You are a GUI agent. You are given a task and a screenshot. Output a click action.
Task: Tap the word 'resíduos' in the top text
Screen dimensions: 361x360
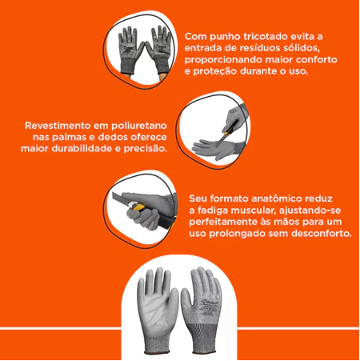[x=258, y=48]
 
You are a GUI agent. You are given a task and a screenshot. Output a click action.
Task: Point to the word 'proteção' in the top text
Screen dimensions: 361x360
[x=217, y=72]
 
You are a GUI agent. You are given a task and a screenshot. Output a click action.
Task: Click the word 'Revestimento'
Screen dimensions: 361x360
[x=59, y=126]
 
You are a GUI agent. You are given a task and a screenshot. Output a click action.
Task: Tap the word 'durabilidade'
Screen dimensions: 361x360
[x=82, y=149]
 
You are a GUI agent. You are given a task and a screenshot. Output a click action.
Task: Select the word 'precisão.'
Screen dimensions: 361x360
[x=144, y=149]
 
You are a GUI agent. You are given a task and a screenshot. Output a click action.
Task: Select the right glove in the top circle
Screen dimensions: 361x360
[x=158, y=46]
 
